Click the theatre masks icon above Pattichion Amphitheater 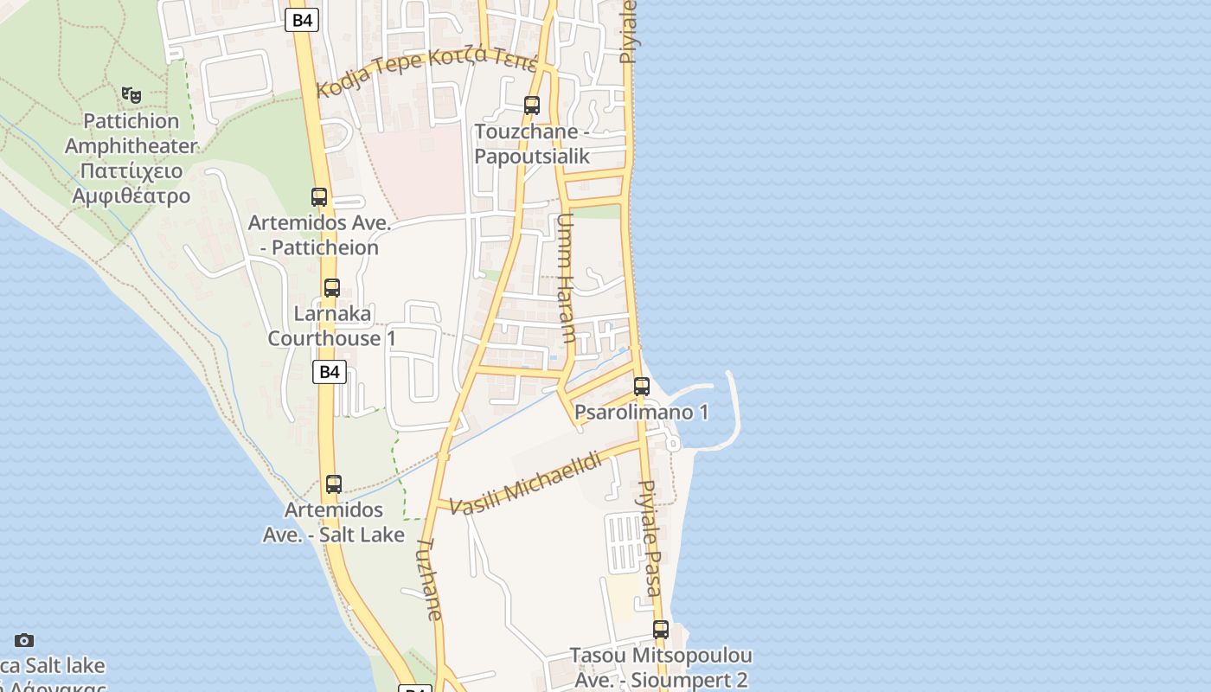coord(131,94)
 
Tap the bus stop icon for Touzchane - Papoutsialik coord(532,106)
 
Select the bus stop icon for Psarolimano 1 coord(641,387)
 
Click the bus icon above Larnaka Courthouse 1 coord(332,288)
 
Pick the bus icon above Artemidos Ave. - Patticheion coord(319,197)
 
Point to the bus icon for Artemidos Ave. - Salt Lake coord(334,484)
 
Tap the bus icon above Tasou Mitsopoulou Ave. coord(661,630)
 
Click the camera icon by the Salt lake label coord(24,640)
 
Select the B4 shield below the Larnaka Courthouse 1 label coord(329,372)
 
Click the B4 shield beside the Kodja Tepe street coord(301,20)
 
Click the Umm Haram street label coord(566,279)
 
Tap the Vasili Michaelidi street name coord(526,484)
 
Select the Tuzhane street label coord(430,578)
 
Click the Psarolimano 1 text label coord(641,412)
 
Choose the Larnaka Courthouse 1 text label coord(332,325)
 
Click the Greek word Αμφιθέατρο coord(131,195)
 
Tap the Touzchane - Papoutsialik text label coord(532,144)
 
